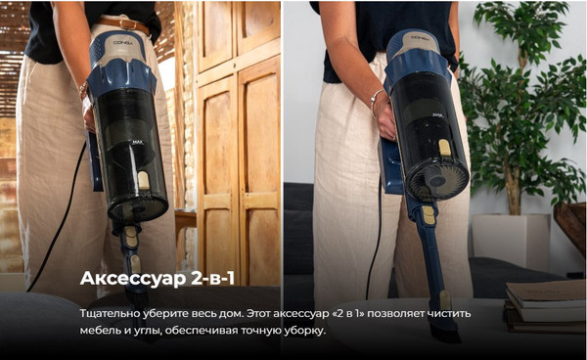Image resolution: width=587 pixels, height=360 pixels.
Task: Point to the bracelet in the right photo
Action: tap(376, 98)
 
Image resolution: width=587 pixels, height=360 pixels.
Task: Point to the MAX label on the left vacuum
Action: tap(138, 167)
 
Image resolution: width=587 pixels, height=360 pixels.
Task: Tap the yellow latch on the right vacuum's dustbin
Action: tap(444, 148)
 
